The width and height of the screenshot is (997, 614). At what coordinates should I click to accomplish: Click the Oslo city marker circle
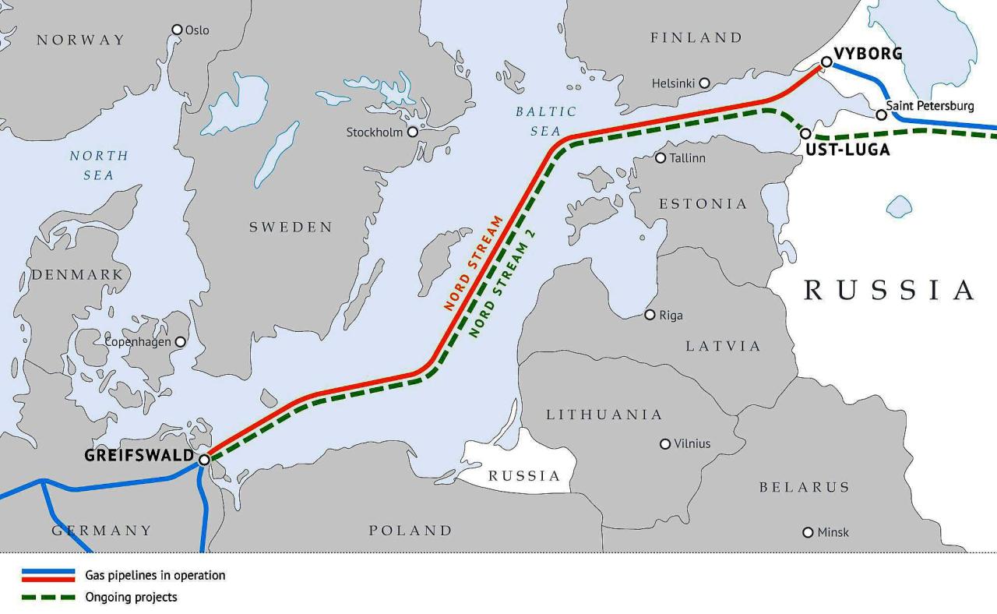178,30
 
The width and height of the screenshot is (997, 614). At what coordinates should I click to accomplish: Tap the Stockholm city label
374,132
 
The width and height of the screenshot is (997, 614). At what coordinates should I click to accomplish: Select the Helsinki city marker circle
704,83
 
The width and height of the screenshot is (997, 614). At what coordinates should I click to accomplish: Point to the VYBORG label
868,54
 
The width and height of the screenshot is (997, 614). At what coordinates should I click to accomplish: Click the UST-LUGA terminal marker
805,134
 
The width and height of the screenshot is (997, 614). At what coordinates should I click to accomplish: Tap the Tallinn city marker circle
661,158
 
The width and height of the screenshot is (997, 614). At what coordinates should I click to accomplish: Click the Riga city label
671,316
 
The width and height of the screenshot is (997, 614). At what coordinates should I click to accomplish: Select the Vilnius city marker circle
665,444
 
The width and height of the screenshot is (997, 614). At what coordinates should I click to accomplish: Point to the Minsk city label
833,533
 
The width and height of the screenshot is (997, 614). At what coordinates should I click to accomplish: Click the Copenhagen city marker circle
181,342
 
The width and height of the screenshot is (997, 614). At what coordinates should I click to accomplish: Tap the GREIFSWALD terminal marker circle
204,460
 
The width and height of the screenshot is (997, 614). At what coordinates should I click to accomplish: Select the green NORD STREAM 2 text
504,283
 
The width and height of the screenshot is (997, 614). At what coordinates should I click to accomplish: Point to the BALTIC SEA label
546,122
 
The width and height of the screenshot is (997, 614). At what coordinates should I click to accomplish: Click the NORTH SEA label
98,165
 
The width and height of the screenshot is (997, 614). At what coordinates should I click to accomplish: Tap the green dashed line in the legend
48,598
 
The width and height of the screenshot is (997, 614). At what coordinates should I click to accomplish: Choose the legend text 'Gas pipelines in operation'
155,576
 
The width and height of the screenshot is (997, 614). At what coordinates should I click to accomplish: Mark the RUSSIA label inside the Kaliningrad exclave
524,476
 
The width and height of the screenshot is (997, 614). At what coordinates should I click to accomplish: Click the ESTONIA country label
703,204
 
